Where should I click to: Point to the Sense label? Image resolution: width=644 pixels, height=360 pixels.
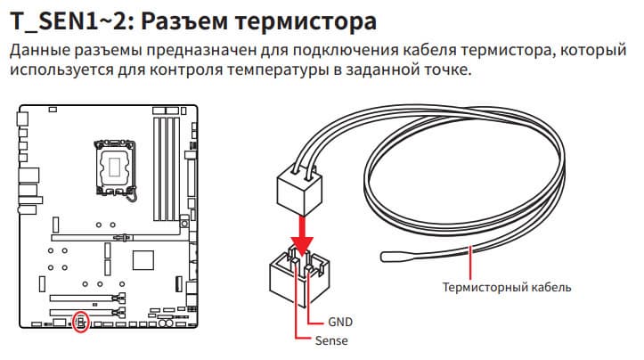331,341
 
